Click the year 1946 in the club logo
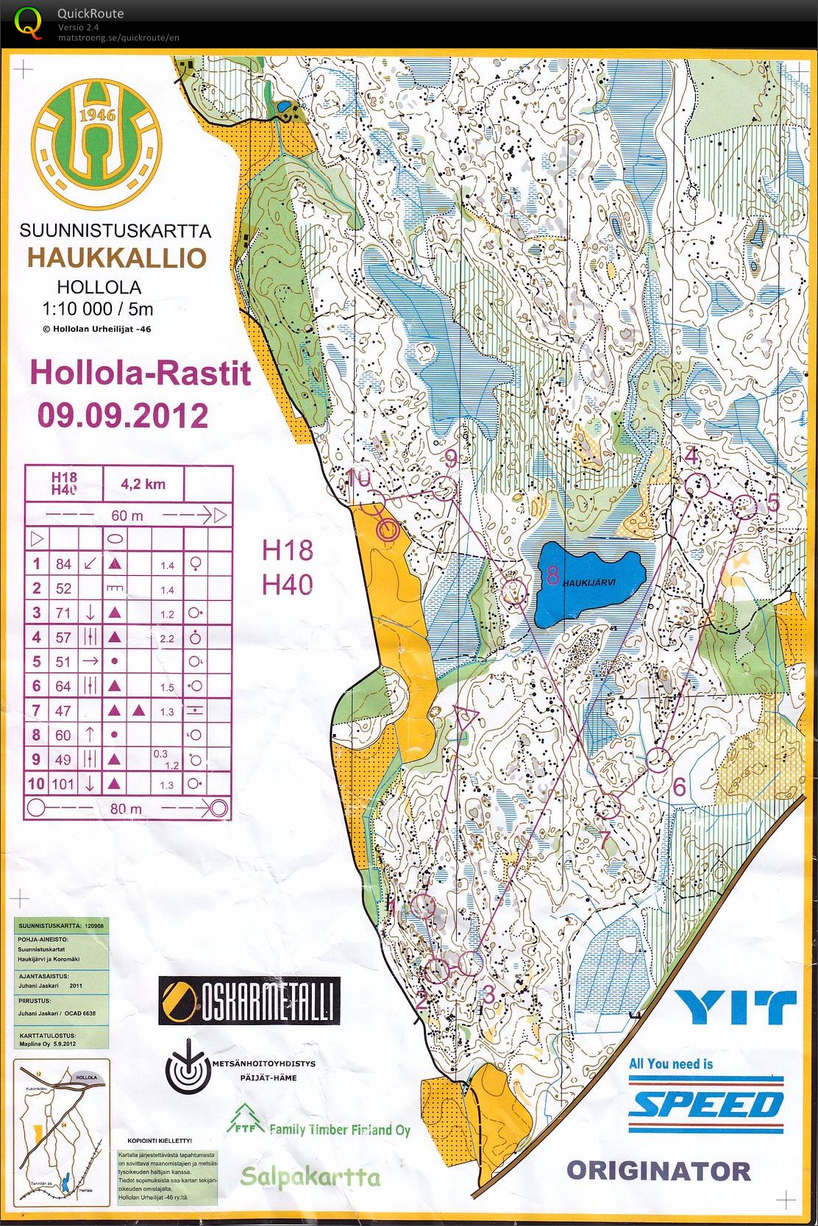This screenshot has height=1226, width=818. point(97,115)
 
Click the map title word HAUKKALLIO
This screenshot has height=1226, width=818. point(117,258)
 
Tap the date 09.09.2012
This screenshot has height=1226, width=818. point(123,416)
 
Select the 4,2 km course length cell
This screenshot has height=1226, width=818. point(143,484)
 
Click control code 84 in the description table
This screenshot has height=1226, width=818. point(64,564)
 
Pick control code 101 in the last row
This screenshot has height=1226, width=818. point(63,784)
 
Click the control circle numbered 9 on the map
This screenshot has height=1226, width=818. point(444,488)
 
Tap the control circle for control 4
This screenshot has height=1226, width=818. point(697,485)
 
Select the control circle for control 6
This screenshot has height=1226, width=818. point(659,760)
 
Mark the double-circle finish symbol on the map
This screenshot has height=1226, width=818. point(388,529)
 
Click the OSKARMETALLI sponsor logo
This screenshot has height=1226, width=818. point(249,1001)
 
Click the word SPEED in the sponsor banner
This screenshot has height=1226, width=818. point(705,1105)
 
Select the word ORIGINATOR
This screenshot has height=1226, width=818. point(658,1171)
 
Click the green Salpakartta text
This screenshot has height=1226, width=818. point(310,1177)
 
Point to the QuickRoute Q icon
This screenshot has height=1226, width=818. point(28,21)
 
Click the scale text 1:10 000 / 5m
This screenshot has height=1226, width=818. point(97,309)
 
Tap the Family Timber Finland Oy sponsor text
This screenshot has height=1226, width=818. point(338,1130)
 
